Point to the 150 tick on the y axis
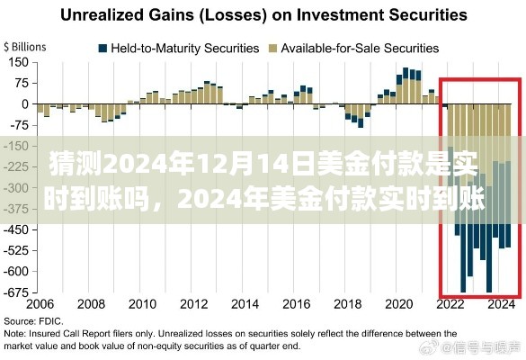pos(19,63)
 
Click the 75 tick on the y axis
pos(22,84)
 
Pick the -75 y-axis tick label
pos(20,125)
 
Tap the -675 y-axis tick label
pos(17,292)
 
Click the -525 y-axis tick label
pos(17,250)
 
